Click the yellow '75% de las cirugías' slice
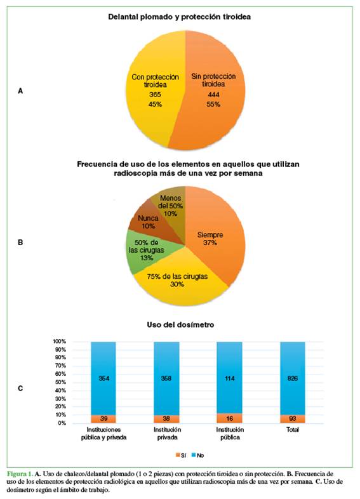click(178, 280)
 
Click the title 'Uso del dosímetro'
click(180, 324)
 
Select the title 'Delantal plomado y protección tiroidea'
click(179, 17)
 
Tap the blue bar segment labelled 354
click(103, 378)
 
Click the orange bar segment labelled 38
click(166, 419)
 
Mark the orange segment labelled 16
click(229, 418)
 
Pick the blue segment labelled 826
click(293, 378)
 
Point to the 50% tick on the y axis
click(61, 382)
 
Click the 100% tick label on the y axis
click(60, 342)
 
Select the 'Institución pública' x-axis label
click(230, 434)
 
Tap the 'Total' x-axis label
click(293, 430)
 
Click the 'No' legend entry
click(197, 455)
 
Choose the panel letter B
click(20, 242)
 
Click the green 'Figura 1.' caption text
click(20, 474)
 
